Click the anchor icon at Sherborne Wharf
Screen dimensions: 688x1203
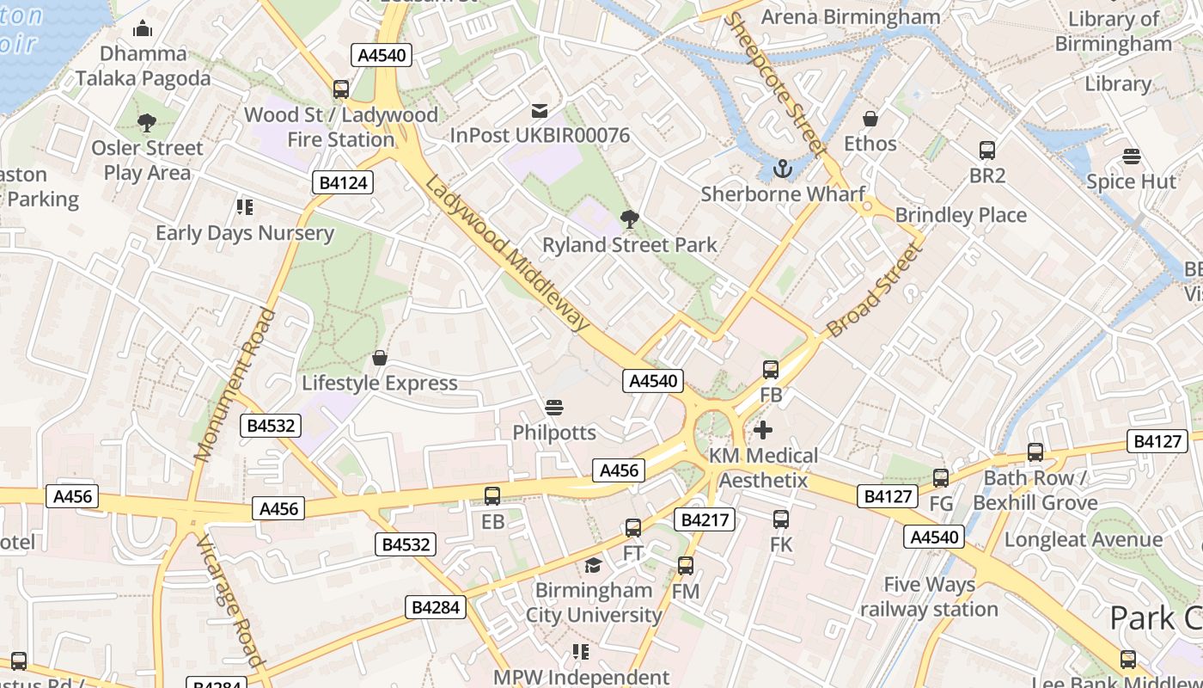(782, 168)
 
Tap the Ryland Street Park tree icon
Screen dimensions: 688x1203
(630, 219)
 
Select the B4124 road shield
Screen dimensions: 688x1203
(343, 182)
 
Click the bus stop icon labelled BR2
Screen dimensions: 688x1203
(987, 150)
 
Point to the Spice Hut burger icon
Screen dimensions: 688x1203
(1132, 157)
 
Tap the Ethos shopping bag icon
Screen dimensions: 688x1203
(870, 119)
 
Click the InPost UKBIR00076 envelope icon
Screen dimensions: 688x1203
(540, 110)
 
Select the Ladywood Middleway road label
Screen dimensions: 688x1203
(508, 255)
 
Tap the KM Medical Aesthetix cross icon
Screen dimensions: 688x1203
(763, 430)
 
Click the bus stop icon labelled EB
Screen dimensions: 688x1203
(492, 496)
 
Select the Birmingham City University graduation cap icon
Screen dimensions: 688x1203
(593, 565)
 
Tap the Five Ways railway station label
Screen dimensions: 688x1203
(930, 597)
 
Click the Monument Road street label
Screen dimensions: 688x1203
(235, 385)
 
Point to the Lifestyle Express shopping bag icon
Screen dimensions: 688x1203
(379, 358)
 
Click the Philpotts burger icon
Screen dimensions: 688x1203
(554, 407)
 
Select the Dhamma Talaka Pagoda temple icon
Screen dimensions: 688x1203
(143, 29)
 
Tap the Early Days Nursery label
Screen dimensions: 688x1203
(245, 233)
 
